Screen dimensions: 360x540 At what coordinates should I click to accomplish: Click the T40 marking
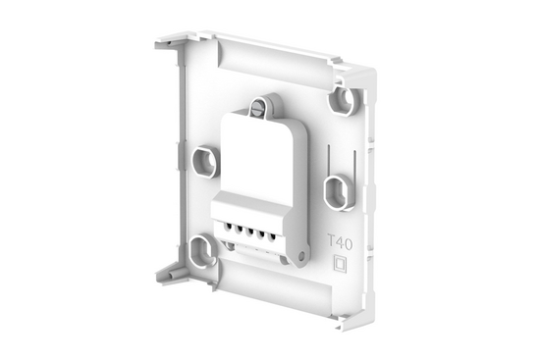click(x=338, y=239)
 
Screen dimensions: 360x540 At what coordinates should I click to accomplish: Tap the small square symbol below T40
click(x=341, y=263)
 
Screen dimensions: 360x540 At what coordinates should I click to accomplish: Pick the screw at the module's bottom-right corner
click(x=298, y=257)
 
